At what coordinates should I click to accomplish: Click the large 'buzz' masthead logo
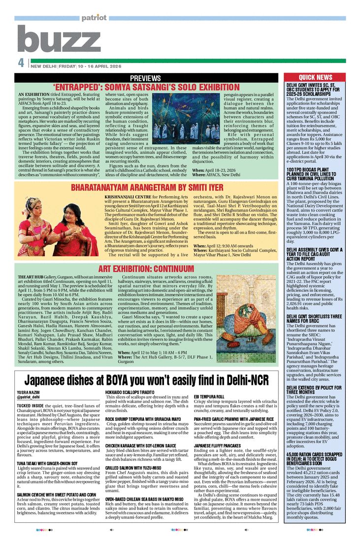click(60, 39)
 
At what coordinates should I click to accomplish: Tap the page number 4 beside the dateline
click(21, 63)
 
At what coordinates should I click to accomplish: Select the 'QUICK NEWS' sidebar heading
click(315, 77)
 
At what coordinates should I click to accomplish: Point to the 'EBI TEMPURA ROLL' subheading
click(209, 382)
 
